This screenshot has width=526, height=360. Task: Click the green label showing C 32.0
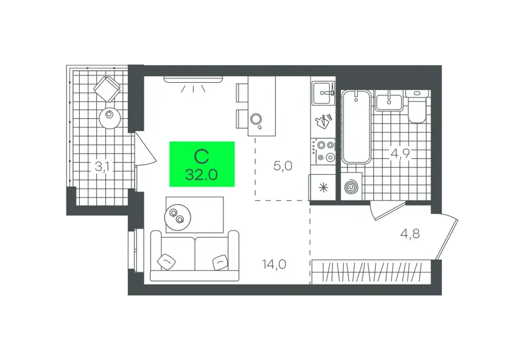pyautogui.click(x=202, y=164)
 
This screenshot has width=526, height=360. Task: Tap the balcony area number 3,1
pyautogui.click(x=102, y=166)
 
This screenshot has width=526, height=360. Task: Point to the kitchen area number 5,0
pyautogui.click(x=283, y=166)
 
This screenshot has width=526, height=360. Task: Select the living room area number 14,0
pyautogui.click(x=274, y=264)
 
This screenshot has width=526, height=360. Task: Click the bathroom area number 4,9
pyautogui.click(x=401, y=154)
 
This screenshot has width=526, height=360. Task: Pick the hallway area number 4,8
pyautogui.click(x=410, y=233)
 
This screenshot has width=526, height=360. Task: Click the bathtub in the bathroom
pyautogui.click(x=356, y=127)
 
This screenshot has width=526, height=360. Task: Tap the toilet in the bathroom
pyautogui.click(x=416, y=107)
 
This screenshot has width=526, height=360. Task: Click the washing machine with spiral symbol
pyautogui.click(x=351, y=186)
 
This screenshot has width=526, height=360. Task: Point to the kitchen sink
pyautogui.click(x=323, y=93)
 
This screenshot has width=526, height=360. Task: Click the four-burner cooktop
pyautogui.click(x=323, y=151)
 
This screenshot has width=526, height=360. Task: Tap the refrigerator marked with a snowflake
pyautogui.click(x=323, y=188)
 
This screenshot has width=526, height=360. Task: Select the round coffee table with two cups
pyautogui.click(x=178, y=218)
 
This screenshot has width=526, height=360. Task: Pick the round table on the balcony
pyautogui.click(x=110, y=118)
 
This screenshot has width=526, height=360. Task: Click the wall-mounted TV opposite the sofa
pyautogui.click(x=193, y=79)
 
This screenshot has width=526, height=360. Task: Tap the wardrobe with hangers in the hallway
pyautogui.click(x=371, y=272)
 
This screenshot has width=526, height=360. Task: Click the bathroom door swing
pyautogui.click(x=386, y=211)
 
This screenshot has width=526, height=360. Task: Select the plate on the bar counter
pyautogui.click(x=256, y=119)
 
